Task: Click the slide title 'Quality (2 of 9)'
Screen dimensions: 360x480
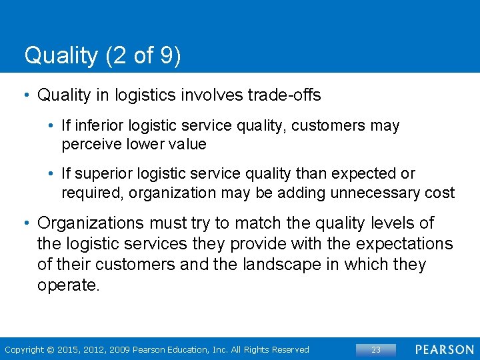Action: pos(102,55)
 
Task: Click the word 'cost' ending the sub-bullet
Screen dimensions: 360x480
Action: pos(440,193)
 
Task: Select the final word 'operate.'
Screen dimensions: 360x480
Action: pos(69,286)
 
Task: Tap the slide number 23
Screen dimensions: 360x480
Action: pos(375,349)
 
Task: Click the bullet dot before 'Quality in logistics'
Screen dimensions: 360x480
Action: pos(26,95)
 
